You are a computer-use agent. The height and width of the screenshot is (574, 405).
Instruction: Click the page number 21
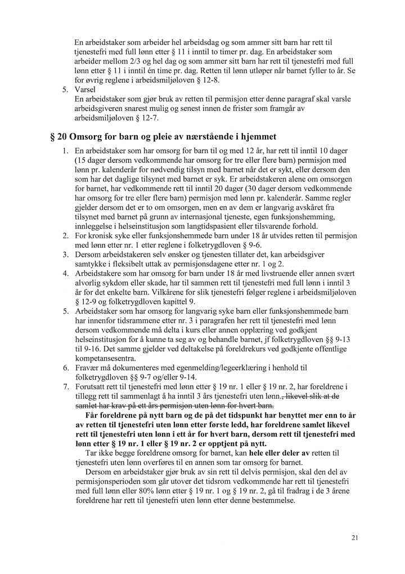coord(355,538)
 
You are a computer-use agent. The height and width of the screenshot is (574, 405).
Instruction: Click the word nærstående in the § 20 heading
coord(194,136)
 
